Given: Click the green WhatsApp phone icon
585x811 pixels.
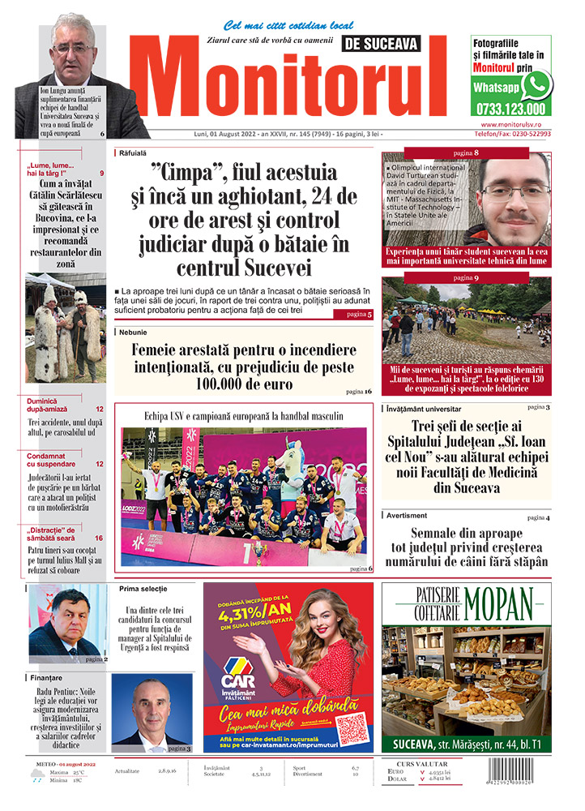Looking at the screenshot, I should pos(536,84).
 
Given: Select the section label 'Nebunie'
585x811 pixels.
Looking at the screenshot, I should pos(133,332).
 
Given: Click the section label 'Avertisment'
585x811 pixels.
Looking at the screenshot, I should pos(407,516).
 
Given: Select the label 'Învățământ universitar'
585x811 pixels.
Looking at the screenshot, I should pos(423,409).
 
